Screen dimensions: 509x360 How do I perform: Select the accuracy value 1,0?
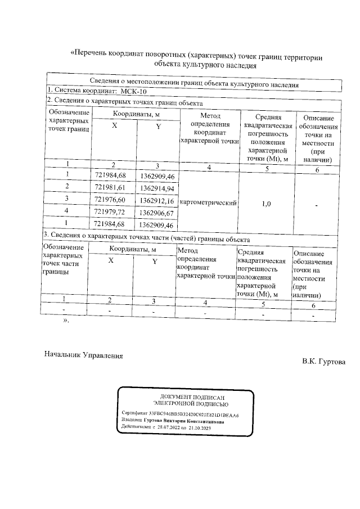point(268,204)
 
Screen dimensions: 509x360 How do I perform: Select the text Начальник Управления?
point(83,355)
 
